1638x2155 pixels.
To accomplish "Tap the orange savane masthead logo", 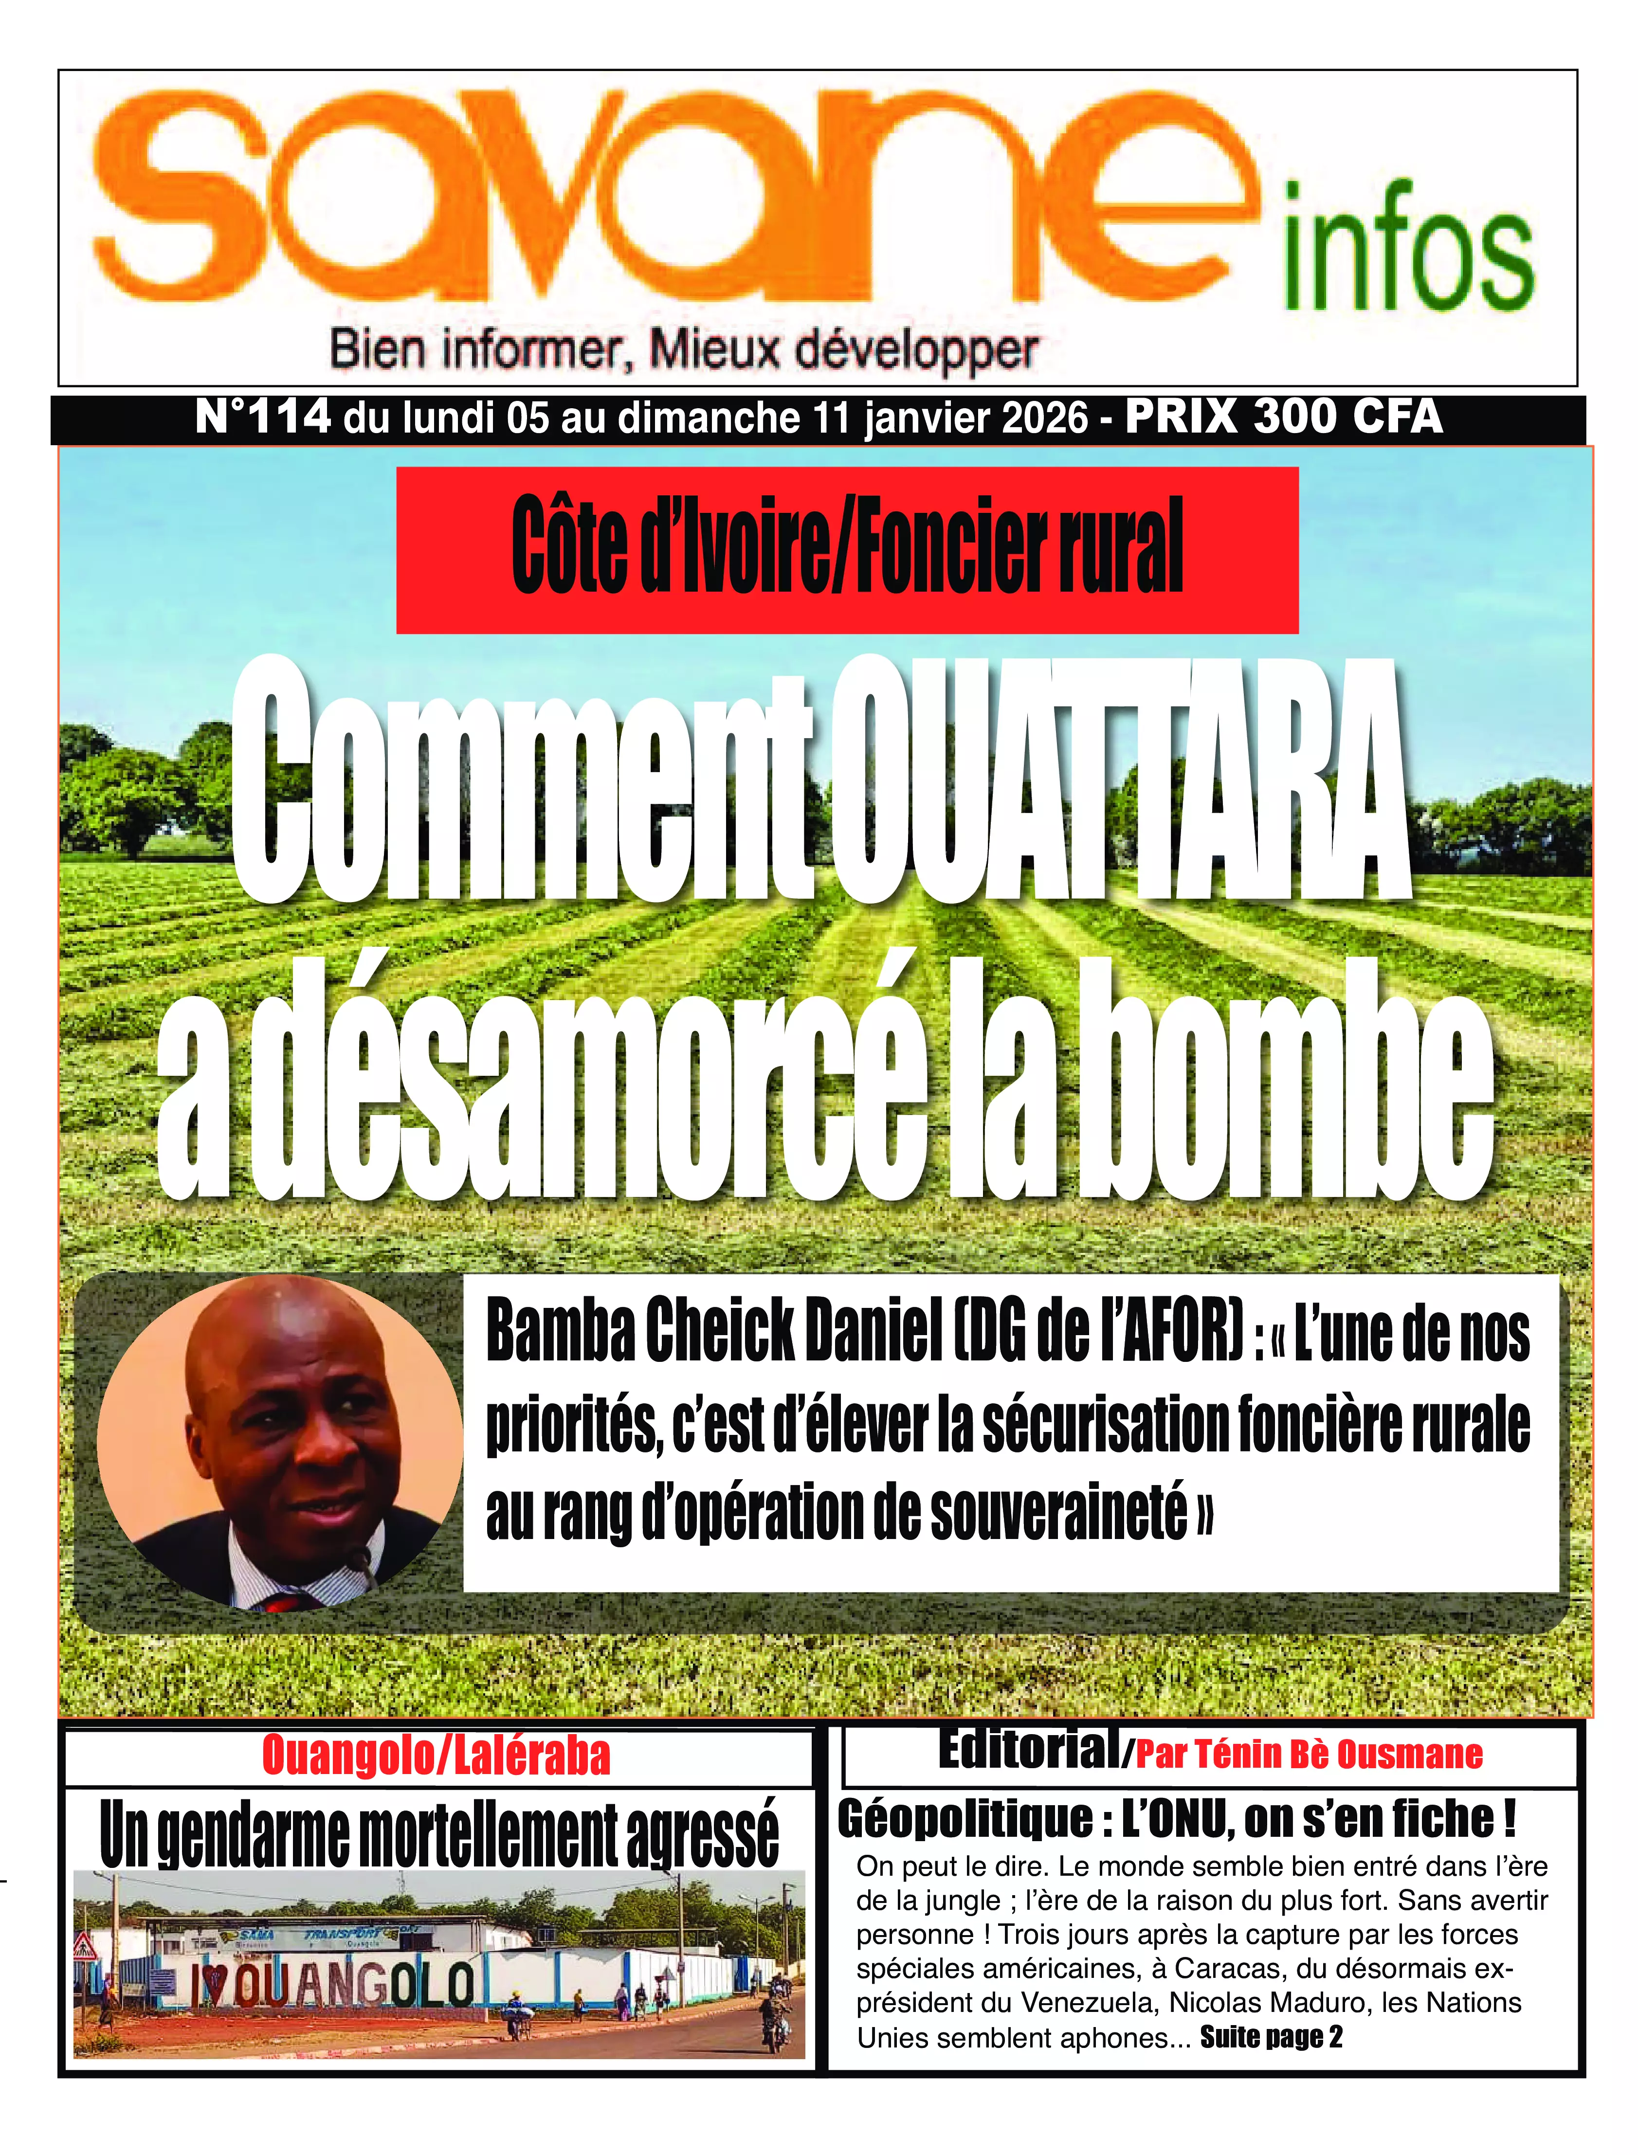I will [x=673, y=195].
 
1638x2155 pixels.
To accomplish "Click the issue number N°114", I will [x=263, y=417].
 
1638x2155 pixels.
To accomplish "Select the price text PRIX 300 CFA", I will [x=1284, y=417].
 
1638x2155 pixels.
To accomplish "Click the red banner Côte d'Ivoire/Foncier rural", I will [x=846, y=549].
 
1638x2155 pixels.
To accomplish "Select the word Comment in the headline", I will [x=522, y=780].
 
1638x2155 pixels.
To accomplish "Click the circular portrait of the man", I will [x=281, y=1443].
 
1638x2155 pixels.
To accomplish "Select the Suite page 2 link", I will [x=1271, y=2036].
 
